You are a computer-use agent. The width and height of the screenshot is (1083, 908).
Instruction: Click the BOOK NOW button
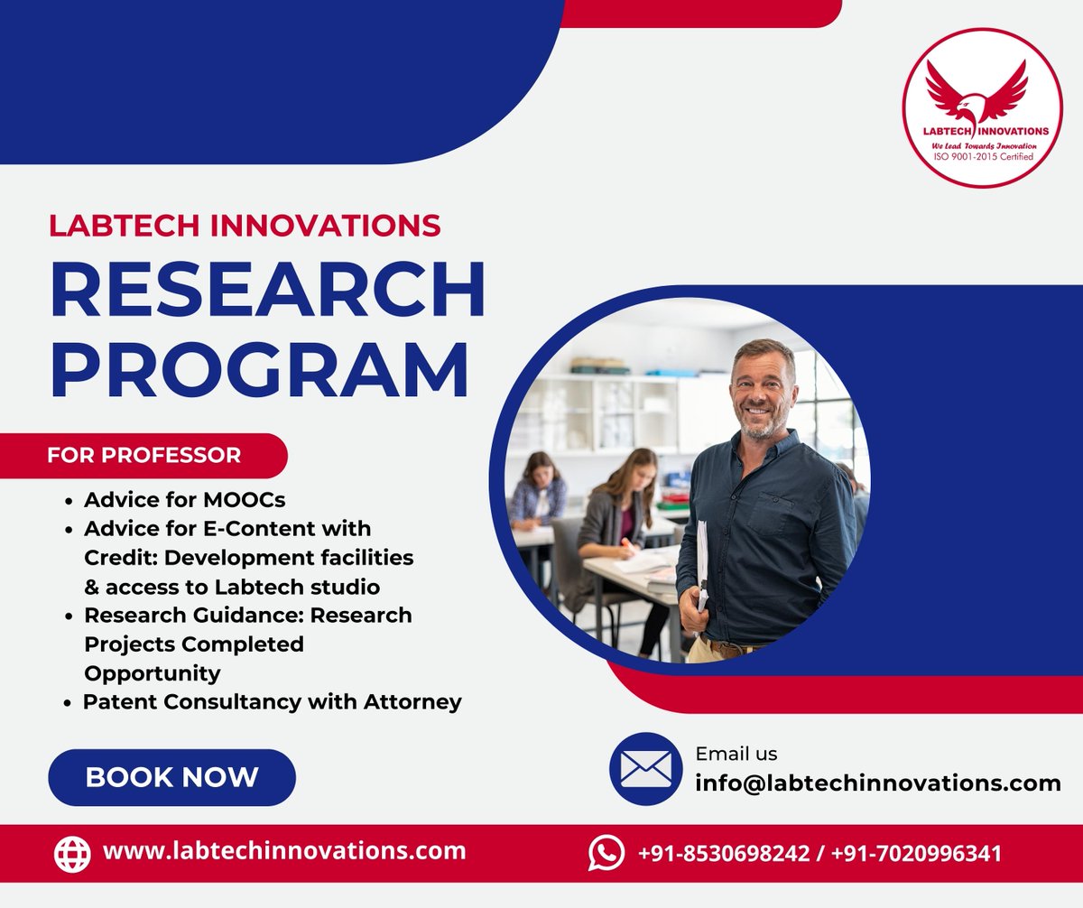pos(171,777)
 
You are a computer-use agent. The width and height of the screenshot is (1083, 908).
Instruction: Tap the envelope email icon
pos(645,769)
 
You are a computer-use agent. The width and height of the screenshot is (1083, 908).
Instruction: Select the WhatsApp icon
pos(606,852)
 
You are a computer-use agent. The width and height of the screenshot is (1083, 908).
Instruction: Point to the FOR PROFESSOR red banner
pos(144,455)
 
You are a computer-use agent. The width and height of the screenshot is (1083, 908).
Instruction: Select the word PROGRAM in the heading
pos(260,370)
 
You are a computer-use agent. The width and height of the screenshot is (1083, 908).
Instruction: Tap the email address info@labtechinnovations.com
pos(877,783)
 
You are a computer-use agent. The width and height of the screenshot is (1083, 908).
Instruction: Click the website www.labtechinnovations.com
pos(284,850)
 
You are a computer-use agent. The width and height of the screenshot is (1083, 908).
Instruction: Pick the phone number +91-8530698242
pos(724,853)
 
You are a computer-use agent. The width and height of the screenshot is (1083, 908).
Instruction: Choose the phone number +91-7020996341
pos(916,853)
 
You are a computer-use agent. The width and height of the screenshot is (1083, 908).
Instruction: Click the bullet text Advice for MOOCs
pos(184,499)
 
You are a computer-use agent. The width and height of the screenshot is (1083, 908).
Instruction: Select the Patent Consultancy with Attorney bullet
pos(272,701)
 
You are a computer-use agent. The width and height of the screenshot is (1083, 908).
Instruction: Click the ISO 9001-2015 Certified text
pos(983,157)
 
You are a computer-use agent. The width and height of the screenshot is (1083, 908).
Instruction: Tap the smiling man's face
pos(763,391)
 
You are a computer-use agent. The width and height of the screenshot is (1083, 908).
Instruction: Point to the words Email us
pos(736,754)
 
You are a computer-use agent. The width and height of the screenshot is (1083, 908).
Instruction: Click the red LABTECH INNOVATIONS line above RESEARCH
pos(245,225)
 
